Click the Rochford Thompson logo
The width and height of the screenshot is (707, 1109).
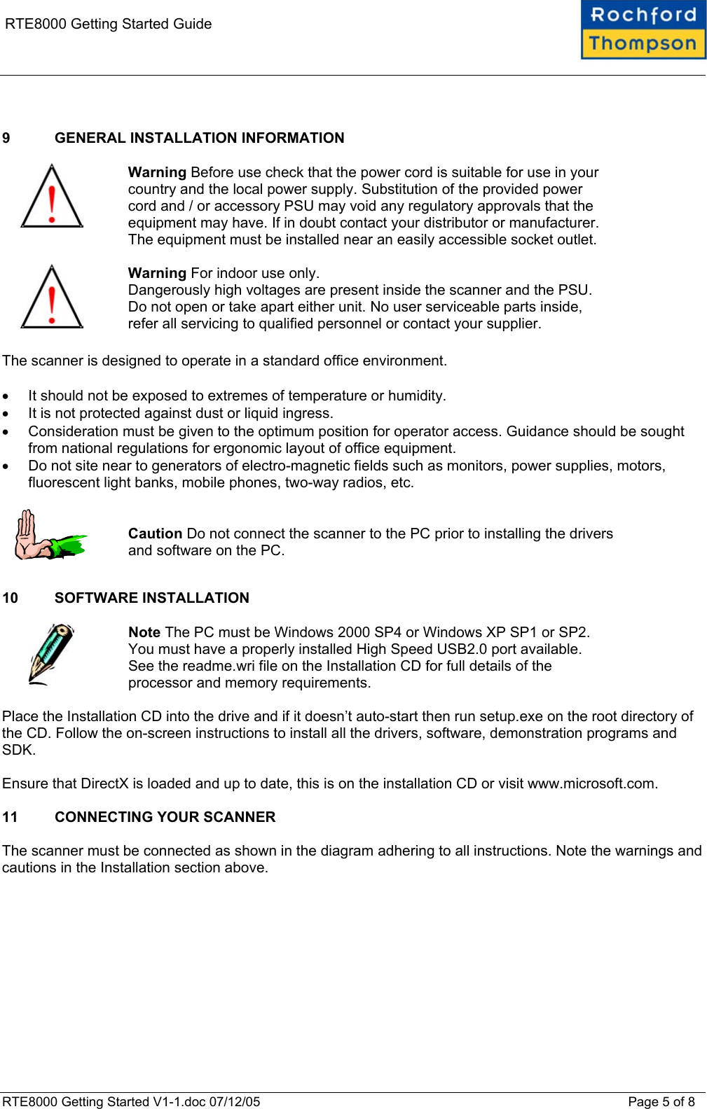click(x=643, y=30)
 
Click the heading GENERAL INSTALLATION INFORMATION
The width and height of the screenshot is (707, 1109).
click(x=199, y=138)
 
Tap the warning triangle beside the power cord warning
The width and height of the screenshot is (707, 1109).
click(x=52, y=197)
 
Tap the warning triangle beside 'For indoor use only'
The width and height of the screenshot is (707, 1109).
click(x=52, y=298)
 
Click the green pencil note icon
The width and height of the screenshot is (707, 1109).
click(x=50, y=654)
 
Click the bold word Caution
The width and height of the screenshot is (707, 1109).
click(x=155, y=533)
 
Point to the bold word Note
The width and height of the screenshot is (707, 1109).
click(x=144, y=632)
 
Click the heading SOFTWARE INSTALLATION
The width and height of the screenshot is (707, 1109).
click(x=151, y=598)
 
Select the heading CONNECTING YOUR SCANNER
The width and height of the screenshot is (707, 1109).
click(x=165, y=817)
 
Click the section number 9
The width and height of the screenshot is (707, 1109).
click(x=6, y=138)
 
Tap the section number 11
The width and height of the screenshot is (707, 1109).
click(x=10, y=817)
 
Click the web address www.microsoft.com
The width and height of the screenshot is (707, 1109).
click(x=591, y=783)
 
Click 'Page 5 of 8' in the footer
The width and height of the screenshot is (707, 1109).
click(x=661, y=1102)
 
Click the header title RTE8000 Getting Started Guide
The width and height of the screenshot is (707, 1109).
click(x=108, y=24)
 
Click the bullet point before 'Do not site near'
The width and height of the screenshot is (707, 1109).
click(x=6, y=466)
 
